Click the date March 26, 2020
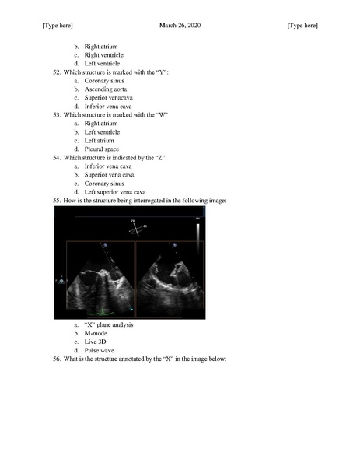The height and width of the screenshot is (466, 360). pos(180,26)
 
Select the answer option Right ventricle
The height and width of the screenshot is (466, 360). pos(102,54)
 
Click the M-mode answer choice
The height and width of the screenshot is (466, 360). pos(95,333)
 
